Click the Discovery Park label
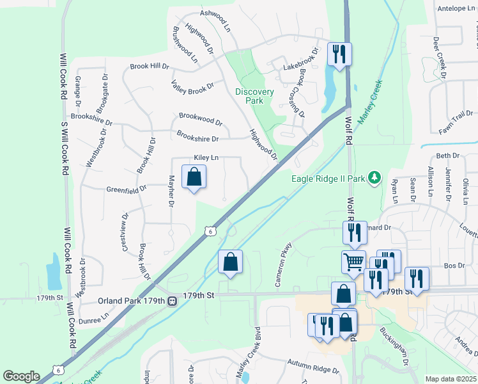point(254,96)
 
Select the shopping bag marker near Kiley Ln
point(194,177)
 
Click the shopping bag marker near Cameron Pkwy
point(230,262)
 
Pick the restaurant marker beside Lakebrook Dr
point(339,54)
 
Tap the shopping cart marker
point(353,261)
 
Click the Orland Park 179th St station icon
point(172,301)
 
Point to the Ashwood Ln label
point(215,21)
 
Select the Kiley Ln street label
point(206,157)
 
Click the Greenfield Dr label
point(127,189)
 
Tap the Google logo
point(21,376)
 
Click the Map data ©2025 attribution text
point(451,379)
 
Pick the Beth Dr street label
point(447,156)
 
